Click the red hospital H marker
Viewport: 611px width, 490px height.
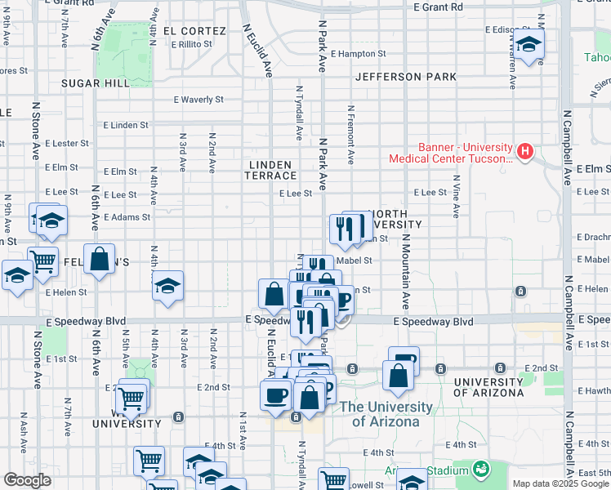point(525,151)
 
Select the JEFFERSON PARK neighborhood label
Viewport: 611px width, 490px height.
point(406,77)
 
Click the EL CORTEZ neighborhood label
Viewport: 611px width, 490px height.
point(194,31)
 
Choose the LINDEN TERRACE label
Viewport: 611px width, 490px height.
point(272,170)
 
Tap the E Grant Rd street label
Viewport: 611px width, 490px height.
point(438,7)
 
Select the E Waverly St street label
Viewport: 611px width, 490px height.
point(198,100)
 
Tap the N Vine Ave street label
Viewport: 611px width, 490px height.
point(455,199)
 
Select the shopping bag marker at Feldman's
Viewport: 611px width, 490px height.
point(99,259)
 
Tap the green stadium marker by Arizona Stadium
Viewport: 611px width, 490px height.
point(481,469)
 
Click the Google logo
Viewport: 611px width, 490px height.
point(27,480)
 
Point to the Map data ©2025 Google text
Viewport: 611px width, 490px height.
point(560,483)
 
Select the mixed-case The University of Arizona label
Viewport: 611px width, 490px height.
point(386,414)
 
